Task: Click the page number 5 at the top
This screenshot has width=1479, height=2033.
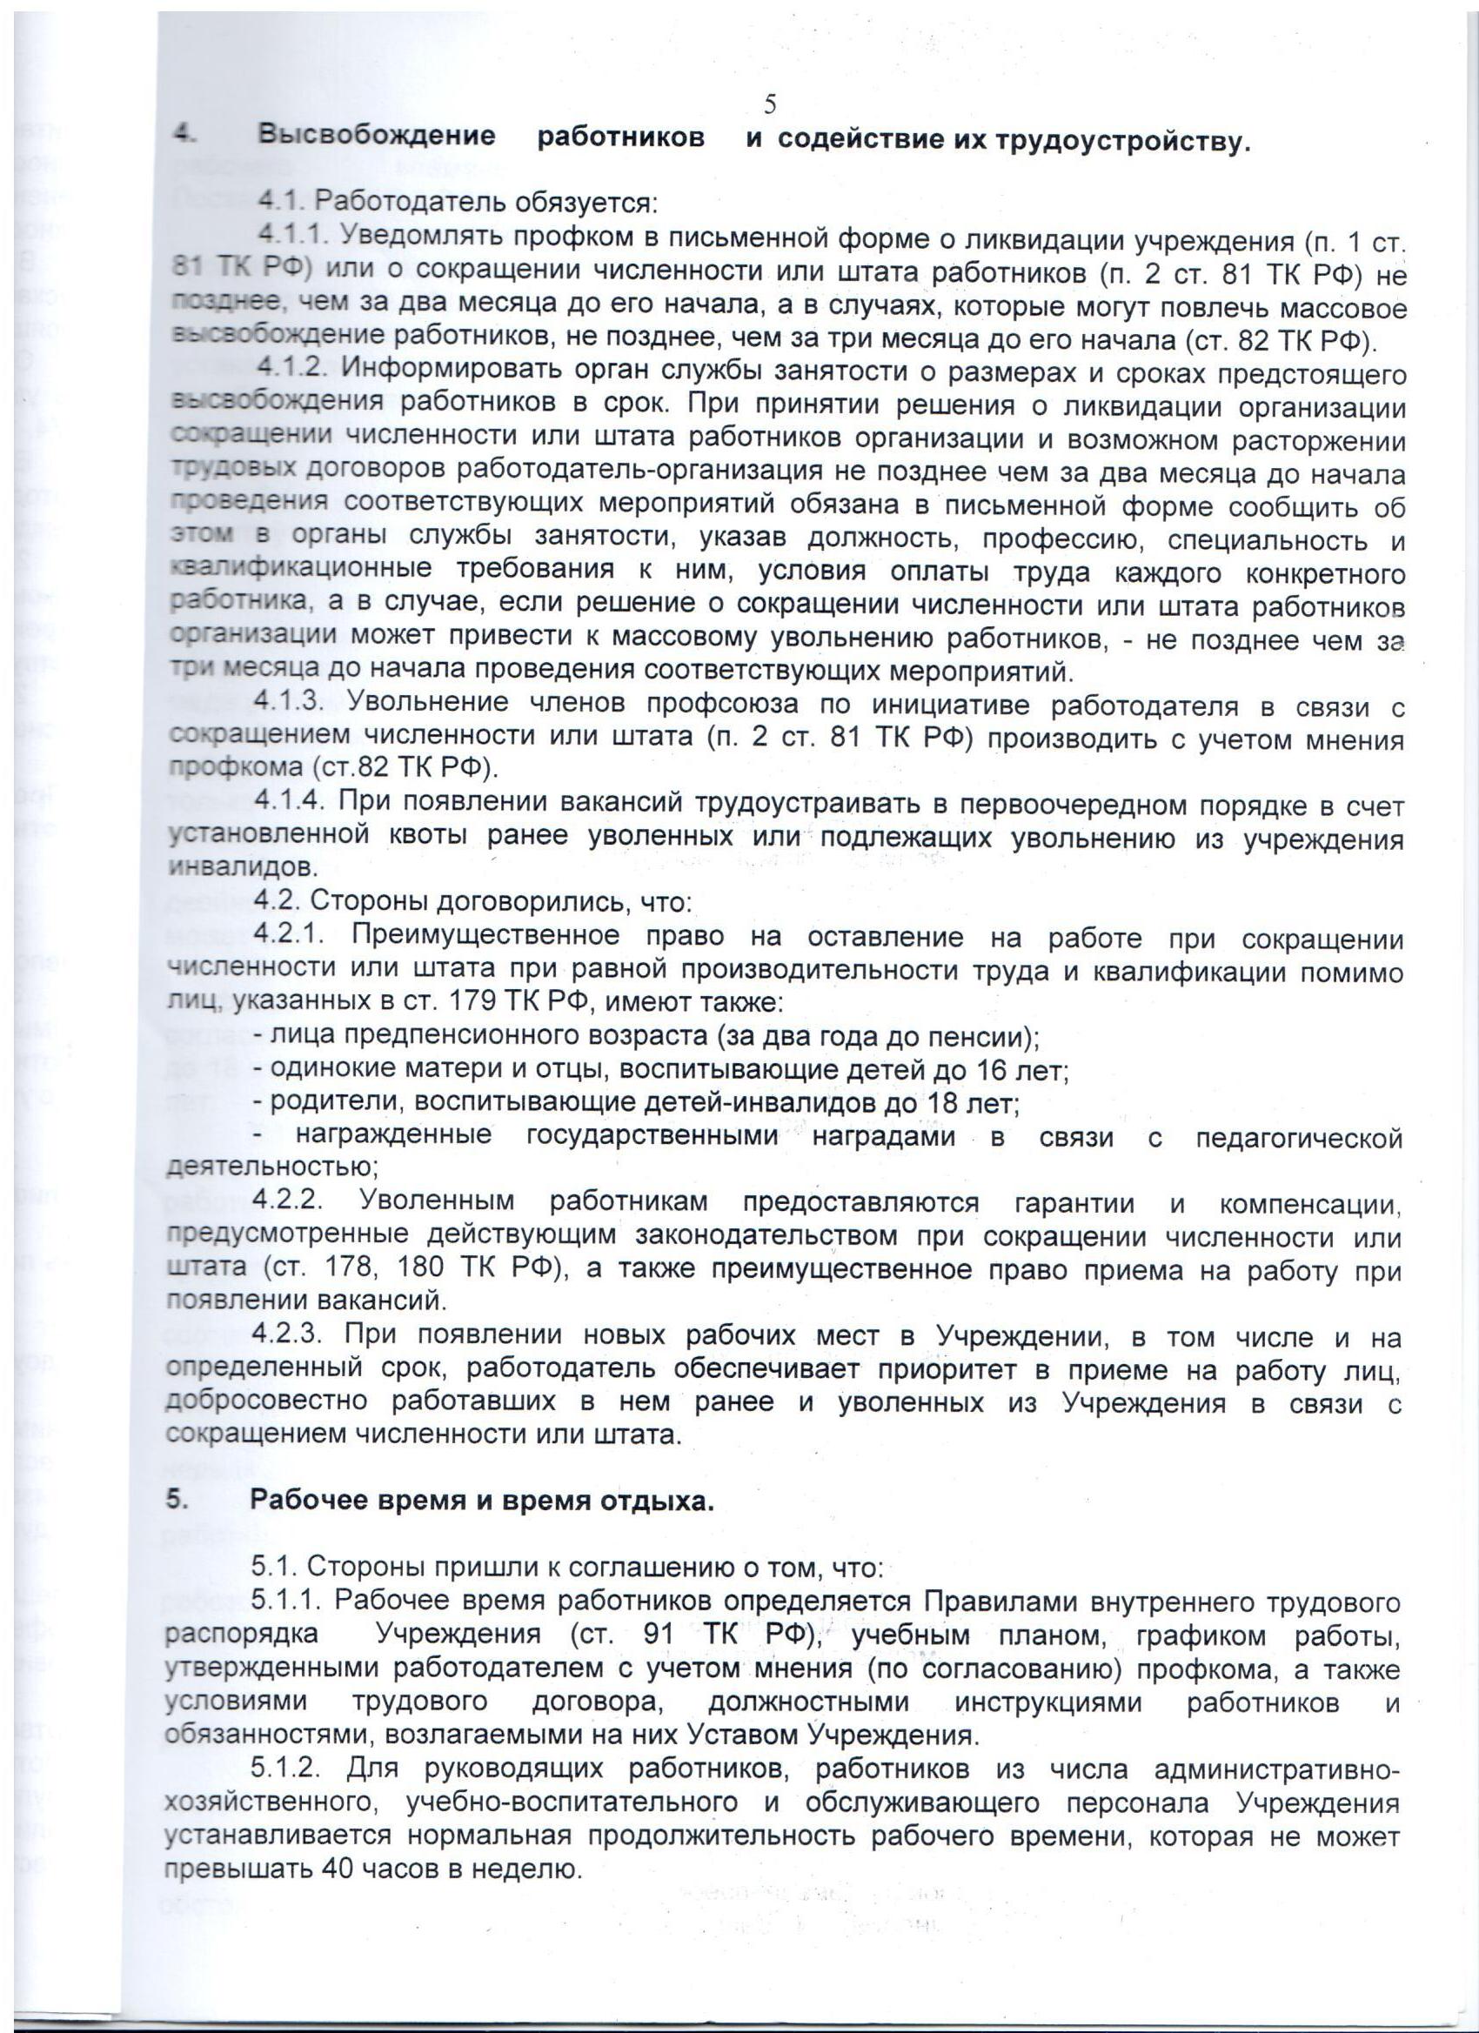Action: pyautogui.click(x=770, y=106)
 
